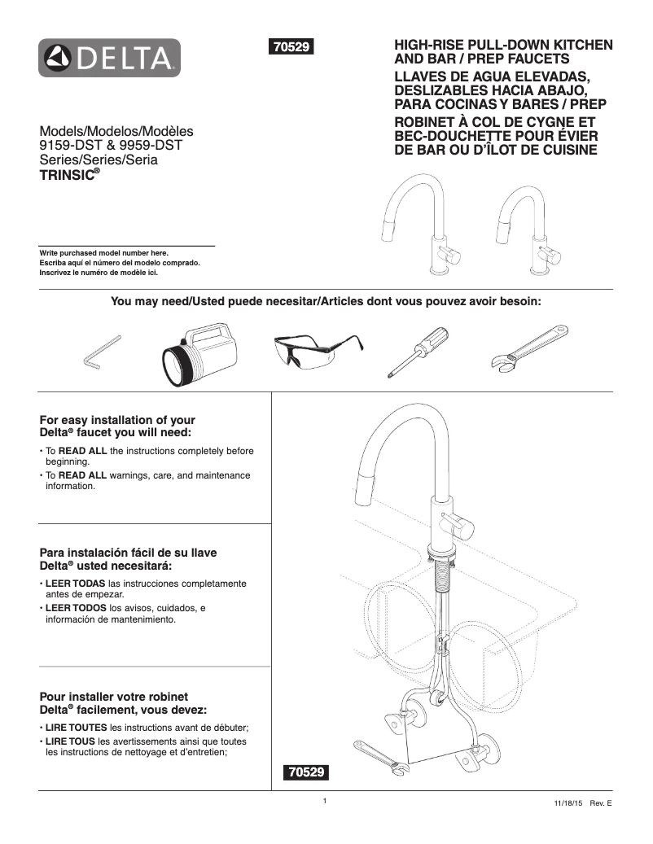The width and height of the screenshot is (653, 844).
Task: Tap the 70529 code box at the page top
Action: (x=291, y=47)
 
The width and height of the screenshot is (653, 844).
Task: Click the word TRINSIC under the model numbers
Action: (x=68, y=174)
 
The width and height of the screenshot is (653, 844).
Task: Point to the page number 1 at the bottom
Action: (x=324, y=801)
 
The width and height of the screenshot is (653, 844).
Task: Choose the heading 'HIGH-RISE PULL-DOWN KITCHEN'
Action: (x=503, y=45)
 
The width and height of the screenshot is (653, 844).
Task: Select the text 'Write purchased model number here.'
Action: (x=104, y=253)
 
